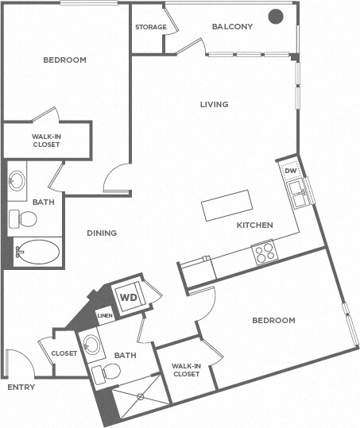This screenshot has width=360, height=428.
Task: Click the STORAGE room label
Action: point(150,27)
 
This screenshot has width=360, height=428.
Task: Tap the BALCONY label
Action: point(232,27)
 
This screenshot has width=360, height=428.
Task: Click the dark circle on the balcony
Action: point(275,16)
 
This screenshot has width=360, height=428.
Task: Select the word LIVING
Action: point(214,104)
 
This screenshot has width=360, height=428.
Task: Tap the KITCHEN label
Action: point(254,226)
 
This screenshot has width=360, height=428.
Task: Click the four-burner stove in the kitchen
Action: point(264,252)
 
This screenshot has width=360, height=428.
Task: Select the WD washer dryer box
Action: point(127,298)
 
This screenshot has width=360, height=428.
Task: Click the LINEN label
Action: point(105,316)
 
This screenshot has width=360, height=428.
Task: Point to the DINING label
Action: point(102,233)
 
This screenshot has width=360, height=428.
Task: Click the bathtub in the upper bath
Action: point(37,253)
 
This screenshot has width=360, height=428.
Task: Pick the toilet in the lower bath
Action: point(106,372)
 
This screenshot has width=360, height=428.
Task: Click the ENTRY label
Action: point(21,388)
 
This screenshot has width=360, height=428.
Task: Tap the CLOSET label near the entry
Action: point(64,353)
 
